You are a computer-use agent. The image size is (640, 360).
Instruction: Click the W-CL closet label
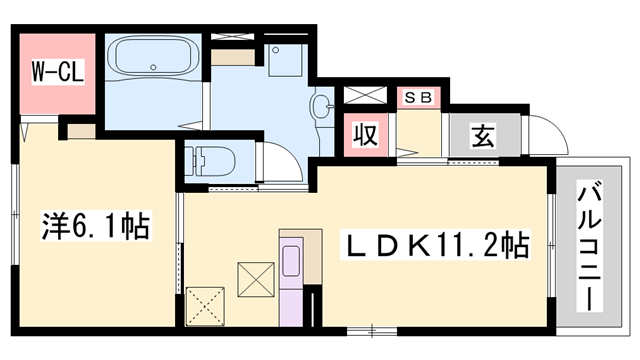[x=58, y=71]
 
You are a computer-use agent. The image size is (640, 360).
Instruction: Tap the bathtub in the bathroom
[x=153, y=56]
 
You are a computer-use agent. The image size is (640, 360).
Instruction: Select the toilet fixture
[x=210, y=161]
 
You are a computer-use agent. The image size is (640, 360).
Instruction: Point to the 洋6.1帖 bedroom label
[x=96, y=226]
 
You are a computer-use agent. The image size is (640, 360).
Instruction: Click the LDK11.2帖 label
[x=436, y=245]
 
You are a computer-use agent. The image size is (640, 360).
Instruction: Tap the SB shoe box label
[x=418, y=98]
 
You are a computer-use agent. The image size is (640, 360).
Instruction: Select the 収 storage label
[x=365, y=135]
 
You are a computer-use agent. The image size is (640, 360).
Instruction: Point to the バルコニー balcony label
[x=590, y=246]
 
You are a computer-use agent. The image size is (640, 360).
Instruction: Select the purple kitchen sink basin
[x=291, y=261]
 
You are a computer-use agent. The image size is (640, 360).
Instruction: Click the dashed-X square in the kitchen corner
[x=205, y=307]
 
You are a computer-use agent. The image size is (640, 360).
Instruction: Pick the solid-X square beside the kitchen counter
[x=256, y=280]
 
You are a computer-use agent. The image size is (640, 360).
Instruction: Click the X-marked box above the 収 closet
[x=365, y=95]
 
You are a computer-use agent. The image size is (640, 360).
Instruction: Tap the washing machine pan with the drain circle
[x=285, y=60]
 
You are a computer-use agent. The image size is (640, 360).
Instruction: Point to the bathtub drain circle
[x=153, y=67]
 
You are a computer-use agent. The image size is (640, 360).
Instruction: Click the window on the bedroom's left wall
[x=15, y=214]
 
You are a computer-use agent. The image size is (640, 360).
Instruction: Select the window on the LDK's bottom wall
[x=372, y=331]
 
